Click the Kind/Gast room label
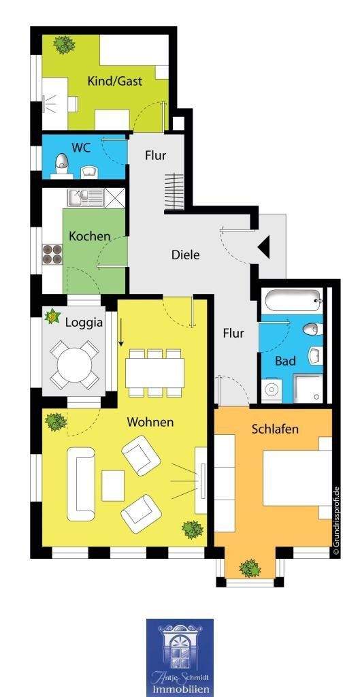point(114,82)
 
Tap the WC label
point(81,147)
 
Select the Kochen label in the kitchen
point(89,236)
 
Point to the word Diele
point(185,255)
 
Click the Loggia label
point(84,323)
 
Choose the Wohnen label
point(150,422)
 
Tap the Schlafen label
point(275,429)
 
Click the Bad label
point(285,361)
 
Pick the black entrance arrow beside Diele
point(263,248)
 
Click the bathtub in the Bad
point(293,301)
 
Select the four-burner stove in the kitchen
point(52,255)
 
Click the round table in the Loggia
point(74,365)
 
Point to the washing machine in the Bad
point(271,389)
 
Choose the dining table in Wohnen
point(154,373)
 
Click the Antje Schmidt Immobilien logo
point(180,658)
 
